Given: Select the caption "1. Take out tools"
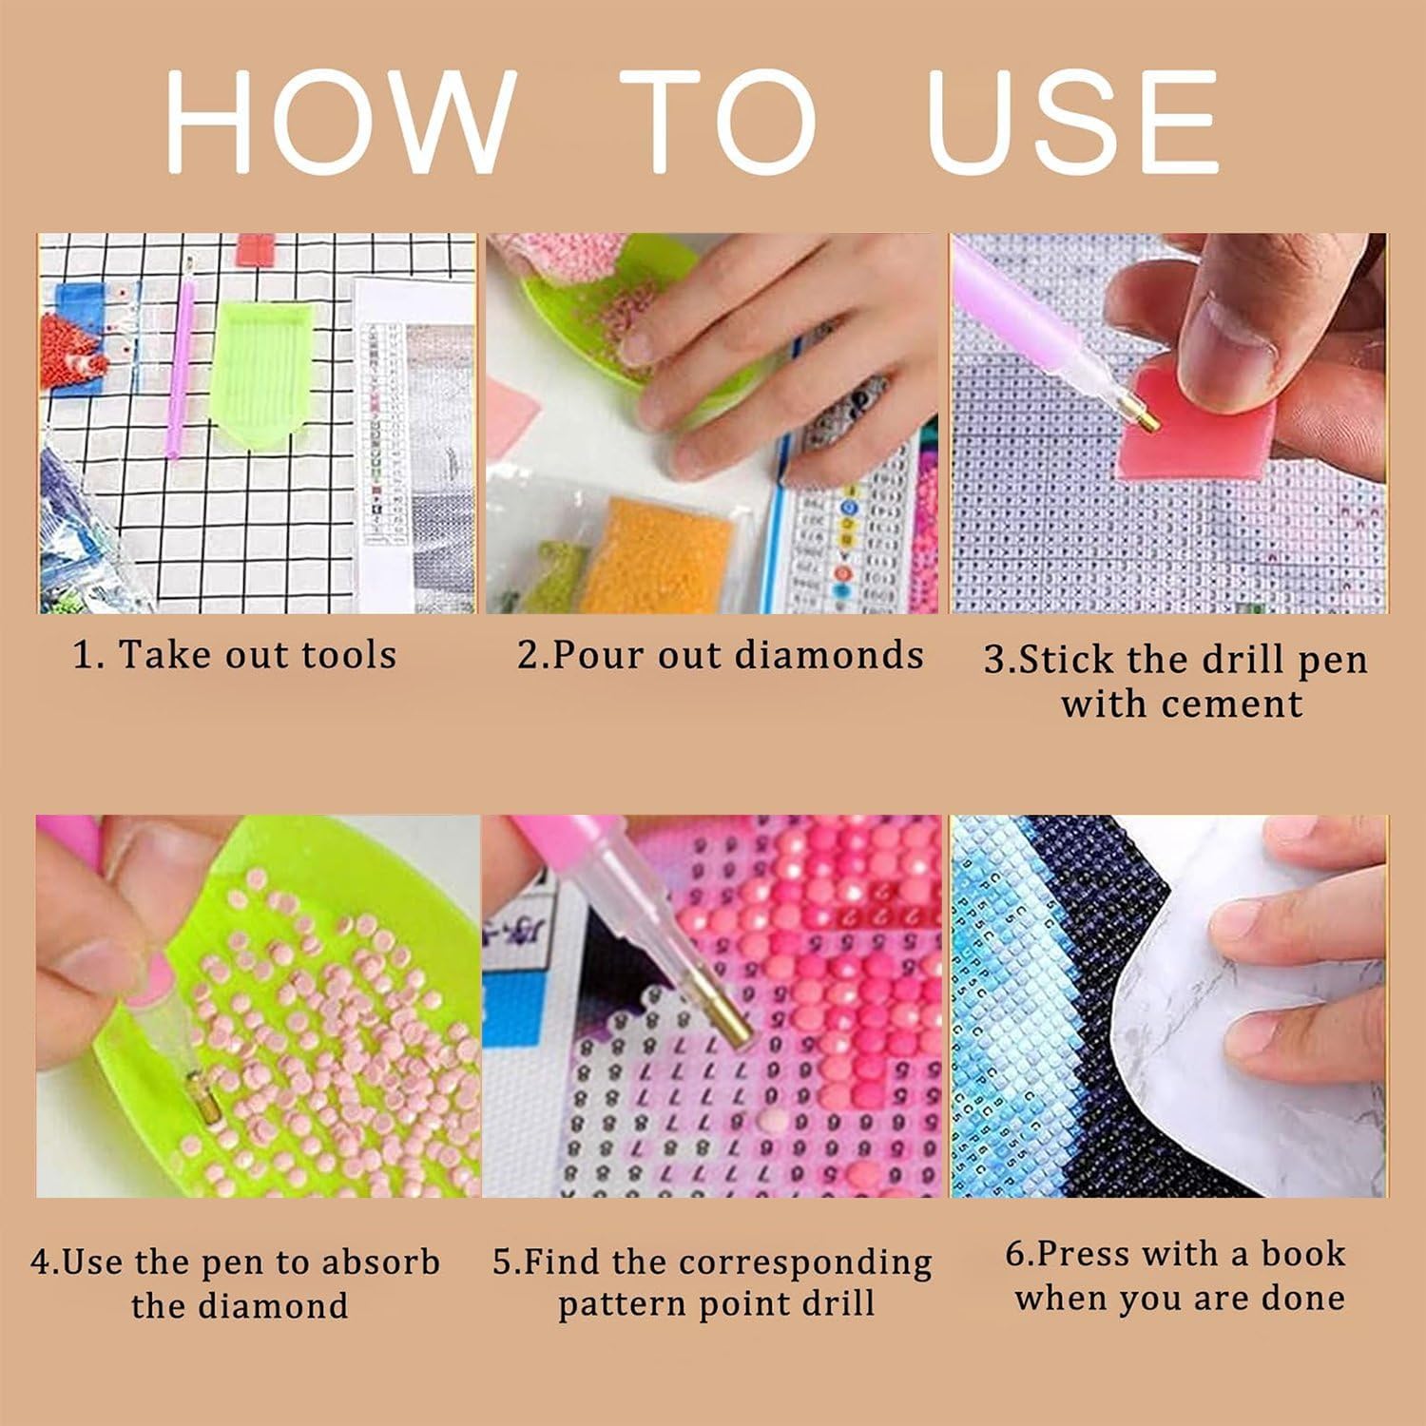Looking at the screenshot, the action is coord(235,655).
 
